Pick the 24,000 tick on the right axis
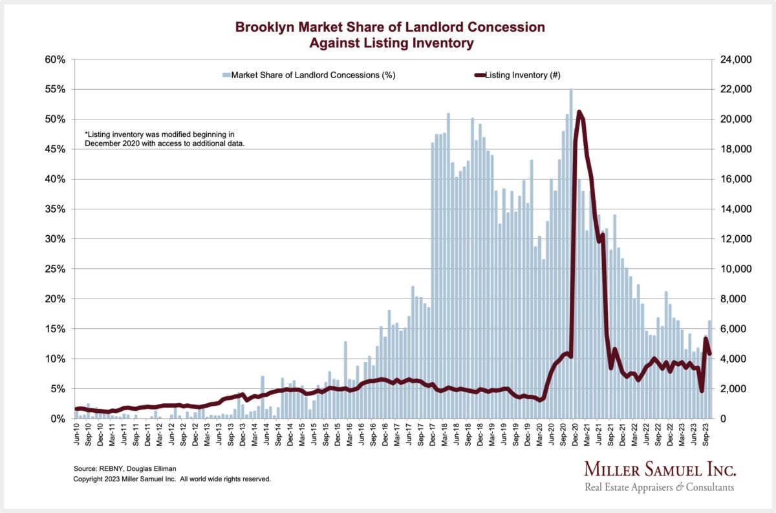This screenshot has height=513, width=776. (x=735, y=59)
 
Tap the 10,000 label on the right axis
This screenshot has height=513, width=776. (x=735, y=269)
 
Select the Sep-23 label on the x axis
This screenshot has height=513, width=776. (x=706, y=435)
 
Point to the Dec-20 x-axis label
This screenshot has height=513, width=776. (x=575, y=435)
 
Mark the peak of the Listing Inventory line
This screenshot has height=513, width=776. (x=579, y=112)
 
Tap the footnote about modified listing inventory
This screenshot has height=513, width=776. (x=164, y=138)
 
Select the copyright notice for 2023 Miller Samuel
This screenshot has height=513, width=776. (x=171, y=479)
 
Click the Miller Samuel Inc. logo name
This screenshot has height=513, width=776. (x=660, y=469)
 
